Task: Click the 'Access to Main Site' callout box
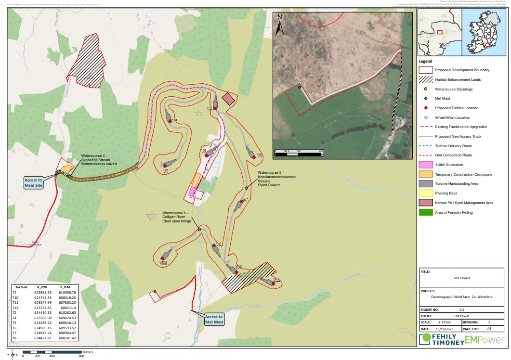34,182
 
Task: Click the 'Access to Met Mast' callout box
214,319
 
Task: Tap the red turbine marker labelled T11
273,284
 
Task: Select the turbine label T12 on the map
163,263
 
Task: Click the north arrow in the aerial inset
280,25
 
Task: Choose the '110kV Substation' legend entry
448,165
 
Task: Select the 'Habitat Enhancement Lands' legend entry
458,79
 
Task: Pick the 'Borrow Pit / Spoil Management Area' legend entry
464,203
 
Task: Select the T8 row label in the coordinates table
14,338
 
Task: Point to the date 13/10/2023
441,328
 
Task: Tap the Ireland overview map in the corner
483,32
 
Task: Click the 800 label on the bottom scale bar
81,356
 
